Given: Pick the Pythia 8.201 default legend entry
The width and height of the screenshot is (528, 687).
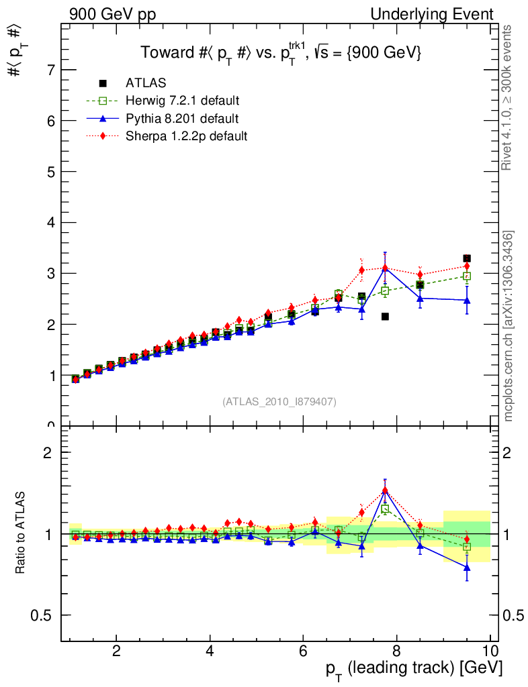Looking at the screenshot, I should click(x=181, y=119).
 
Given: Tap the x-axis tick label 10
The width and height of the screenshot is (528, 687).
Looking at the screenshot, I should click(x=490, y=649).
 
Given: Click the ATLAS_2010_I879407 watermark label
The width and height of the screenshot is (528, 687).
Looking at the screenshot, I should click(x=279, y=401).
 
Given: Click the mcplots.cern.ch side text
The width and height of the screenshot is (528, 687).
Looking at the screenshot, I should click(x=509, y=325).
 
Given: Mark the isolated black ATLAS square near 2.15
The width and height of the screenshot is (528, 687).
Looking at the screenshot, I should click(x=385, y=316).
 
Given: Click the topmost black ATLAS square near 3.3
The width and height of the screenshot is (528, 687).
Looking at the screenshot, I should click(x=467, y=258).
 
